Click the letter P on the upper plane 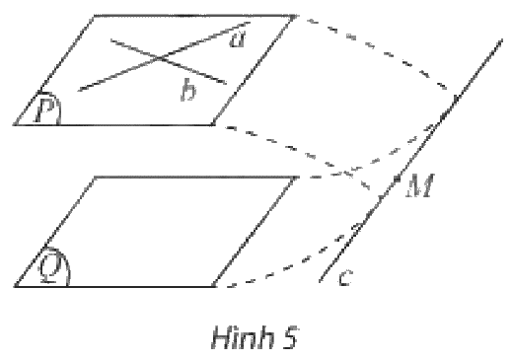(x=45, y=110)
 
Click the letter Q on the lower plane (x=50, y=268)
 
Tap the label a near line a (x=238, y=40)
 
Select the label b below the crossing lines (x=188, y=90)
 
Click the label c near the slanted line (x=345, y=278)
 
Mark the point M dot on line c (x=397, y=179)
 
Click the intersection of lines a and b (x=160, y=58)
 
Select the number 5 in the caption (x=289, y=337)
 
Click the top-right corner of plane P (x=295, y=16)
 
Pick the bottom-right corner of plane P (x=214, y=124)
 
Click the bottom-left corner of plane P (x=14, y=124)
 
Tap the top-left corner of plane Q (x=95, y=178)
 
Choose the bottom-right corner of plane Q (x=214, y=286)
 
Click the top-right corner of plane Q (x=295, y=178)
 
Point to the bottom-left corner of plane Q (x=15, y=286)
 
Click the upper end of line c (x=502, y=39)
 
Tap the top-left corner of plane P (x=95, y=16)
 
